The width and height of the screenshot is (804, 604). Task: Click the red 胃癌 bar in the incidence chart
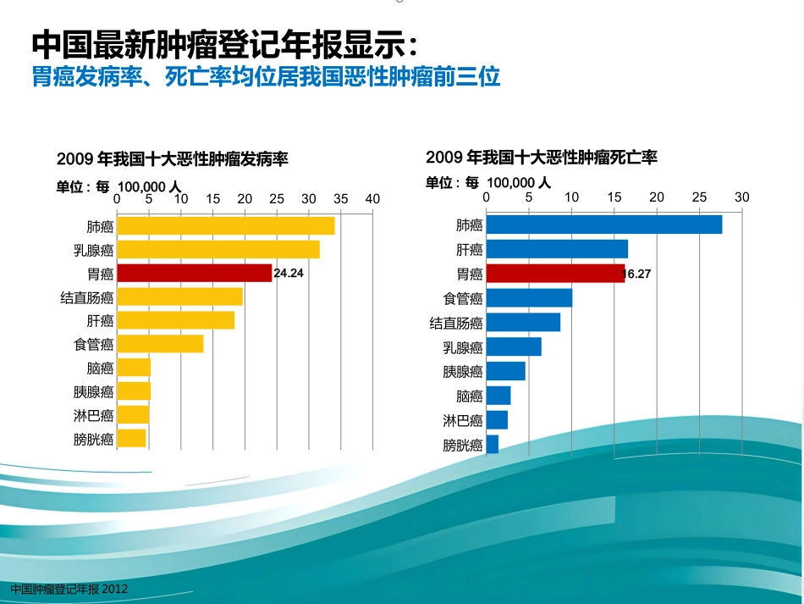(x=195, y=273)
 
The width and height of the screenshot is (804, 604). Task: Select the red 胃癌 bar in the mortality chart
(x=555, y=274)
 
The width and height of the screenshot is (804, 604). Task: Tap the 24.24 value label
(x=289, y=273)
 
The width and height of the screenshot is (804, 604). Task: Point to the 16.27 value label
(x=636, y=274)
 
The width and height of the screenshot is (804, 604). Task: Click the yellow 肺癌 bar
(x=226, y=226)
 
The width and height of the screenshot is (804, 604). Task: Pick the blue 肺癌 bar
(x=604, y=224)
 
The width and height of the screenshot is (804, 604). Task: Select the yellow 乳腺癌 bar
(x=218, y=249)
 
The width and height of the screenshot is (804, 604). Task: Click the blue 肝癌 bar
(x=557, y=249)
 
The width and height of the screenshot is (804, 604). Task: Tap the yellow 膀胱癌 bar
(x=132, y=438)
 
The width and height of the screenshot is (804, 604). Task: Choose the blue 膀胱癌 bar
(x=493, y=445)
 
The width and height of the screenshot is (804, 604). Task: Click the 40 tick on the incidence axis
(x=372, y=199)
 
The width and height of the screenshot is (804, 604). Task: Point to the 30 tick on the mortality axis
(x=742, y=197)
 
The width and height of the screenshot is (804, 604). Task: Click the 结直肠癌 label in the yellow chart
(x=86, y=297)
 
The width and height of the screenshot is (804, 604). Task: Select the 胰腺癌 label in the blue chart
(x=462, y=372)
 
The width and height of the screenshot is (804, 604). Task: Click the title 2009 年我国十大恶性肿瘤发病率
(x=173, y=159)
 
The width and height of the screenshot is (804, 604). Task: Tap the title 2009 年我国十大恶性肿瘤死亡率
(x=542, y=157)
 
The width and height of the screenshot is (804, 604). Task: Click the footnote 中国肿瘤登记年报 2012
(x=69, y=589)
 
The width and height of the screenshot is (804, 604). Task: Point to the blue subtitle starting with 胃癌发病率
(x=266, y=77)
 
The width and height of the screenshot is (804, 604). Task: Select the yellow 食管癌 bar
(x=161, y=344)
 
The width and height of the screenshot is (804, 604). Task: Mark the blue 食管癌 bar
(x=529, y=298)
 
